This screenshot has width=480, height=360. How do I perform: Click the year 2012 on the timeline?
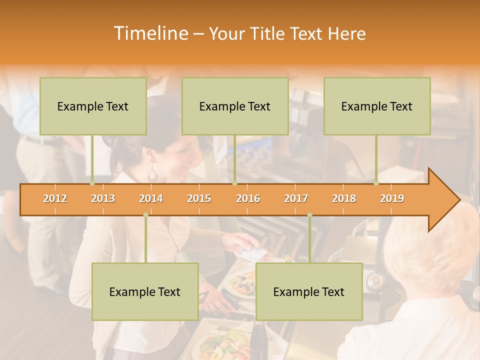(x=55, y=198)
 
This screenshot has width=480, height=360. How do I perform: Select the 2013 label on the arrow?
(x=103, y=198)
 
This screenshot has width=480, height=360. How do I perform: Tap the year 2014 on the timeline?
(x=151, y=198)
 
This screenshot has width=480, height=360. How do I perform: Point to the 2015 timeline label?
(x=199, y=198)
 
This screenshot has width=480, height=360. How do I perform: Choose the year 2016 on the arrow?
(x=248, y=198)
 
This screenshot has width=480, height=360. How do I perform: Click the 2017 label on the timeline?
(x=296, y=198)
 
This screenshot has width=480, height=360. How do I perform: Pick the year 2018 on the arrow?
(x=344, y=198)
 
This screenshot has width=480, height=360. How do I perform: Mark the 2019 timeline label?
(x=392, y=198)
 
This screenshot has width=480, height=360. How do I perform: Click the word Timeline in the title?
(x=149, y=33)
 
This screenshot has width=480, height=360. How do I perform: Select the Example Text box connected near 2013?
(x=93, y=106)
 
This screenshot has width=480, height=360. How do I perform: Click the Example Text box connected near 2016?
(x=235, y=106)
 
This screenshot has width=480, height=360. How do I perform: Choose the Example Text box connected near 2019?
(x=377, y=106)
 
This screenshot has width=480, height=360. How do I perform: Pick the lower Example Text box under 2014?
(x=145, y=291)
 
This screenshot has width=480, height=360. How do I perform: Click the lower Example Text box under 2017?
(x=309, y=291)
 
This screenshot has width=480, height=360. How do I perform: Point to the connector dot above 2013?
(x=92, y=183)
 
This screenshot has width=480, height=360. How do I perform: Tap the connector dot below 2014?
(x=145, y=215)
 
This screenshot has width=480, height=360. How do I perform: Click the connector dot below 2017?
(x=309, y=215)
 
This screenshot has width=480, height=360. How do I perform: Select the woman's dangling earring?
(x=152, y=174)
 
